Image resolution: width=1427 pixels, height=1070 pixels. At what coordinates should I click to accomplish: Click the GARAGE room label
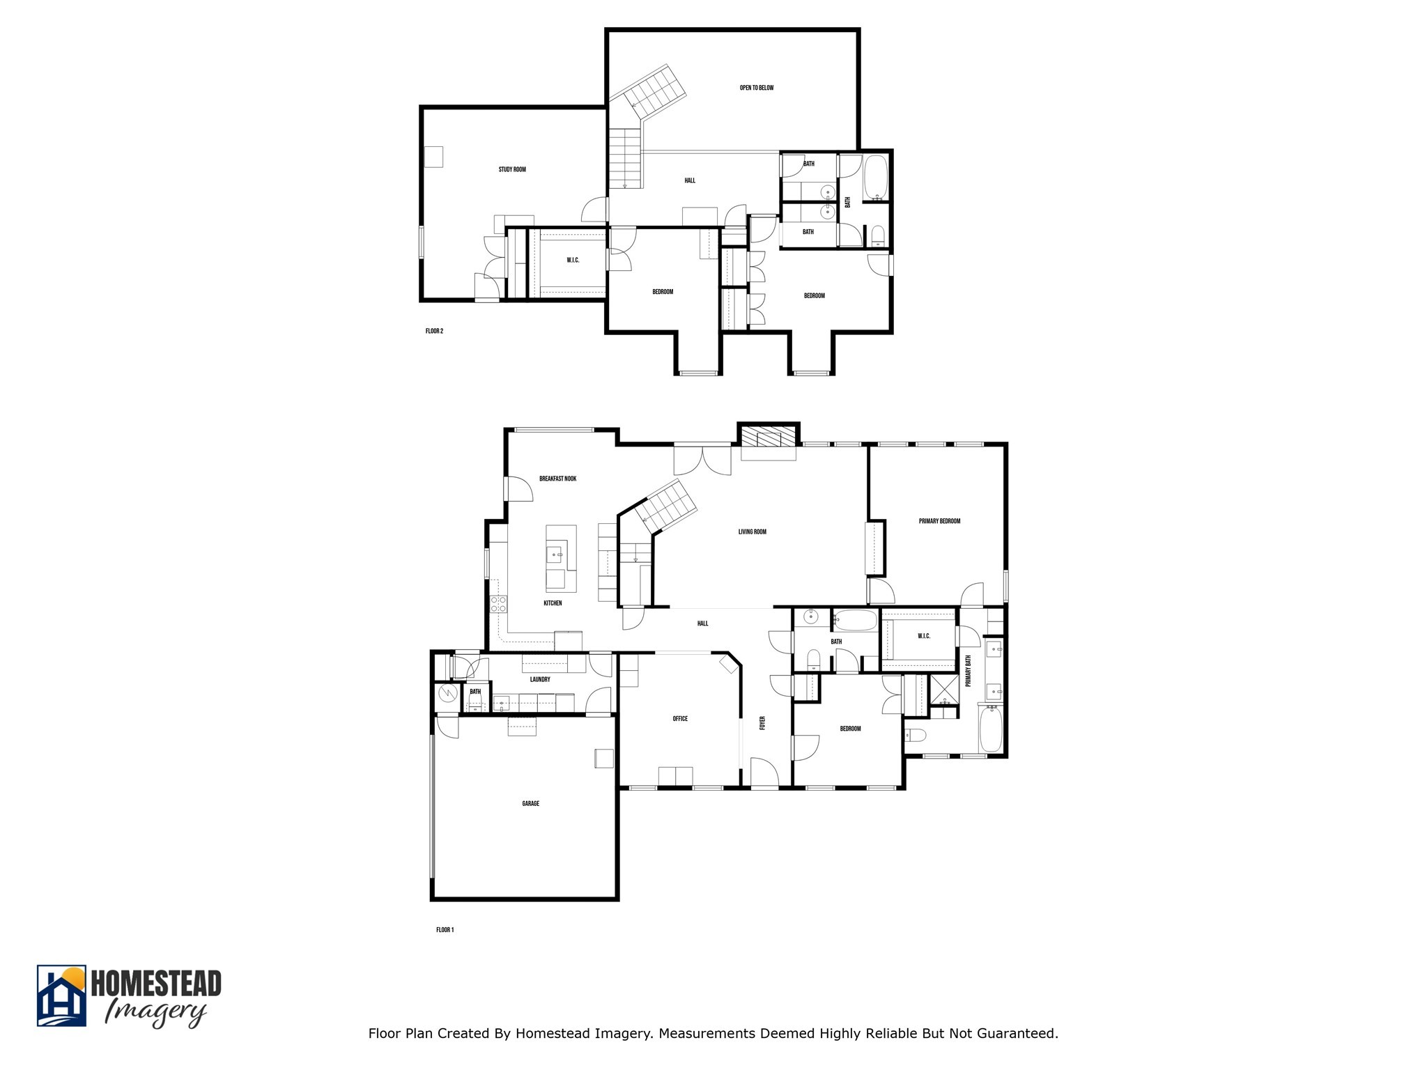coord(531,804)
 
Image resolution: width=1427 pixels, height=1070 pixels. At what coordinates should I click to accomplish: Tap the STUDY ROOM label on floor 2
coord(512,169)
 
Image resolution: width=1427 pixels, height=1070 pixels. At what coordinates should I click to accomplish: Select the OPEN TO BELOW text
coord(757,88)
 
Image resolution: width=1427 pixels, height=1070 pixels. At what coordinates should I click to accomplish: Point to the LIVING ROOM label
coord(753,532)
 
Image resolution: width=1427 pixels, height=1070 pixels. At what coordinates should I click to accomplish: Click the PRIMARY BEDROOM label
coord(939,521)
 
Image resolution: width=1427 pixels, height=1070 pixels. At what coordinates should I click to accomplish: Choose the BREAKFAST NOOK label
coord(558,479)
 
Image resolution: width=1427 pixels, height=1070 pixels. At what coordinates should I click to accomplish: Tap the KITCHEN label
coord(553,603)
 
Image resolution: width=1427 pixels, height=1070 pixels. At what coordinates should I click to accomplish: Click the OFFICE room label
coord(680,719)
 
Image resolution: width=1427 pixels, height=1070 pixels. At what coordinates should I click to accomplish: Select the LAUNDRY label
coord(540,680)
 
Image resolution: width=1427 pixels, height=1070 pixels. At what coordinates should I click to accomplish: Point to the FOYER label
coord(763,723)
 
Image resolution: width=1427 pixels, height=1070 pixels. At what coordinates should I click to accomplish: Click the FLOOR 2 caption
coord(434,332)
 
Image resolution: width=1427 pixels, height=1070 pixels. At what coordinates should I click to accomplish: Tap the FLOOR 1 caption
coord(445,930)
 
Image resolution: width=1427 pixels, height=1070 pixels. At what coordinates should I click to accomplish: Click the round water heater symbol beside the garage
coord(447,693)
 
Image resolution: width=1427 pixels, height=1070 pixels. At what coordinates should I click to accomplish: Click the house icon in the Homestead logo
coord(62,997)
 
